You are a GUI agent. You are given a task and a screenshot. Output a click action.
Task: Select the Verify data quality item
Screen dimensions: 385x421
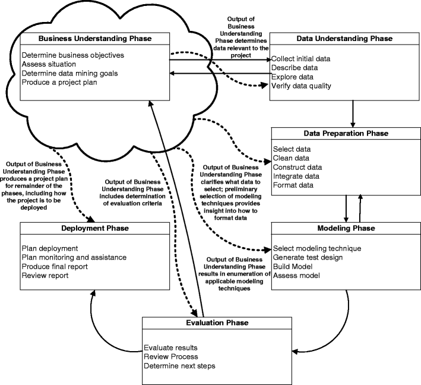pos(302,86)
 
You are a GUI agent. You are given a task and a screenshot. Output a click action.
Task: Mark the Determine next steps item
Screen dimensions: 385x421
pos(179,365)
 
